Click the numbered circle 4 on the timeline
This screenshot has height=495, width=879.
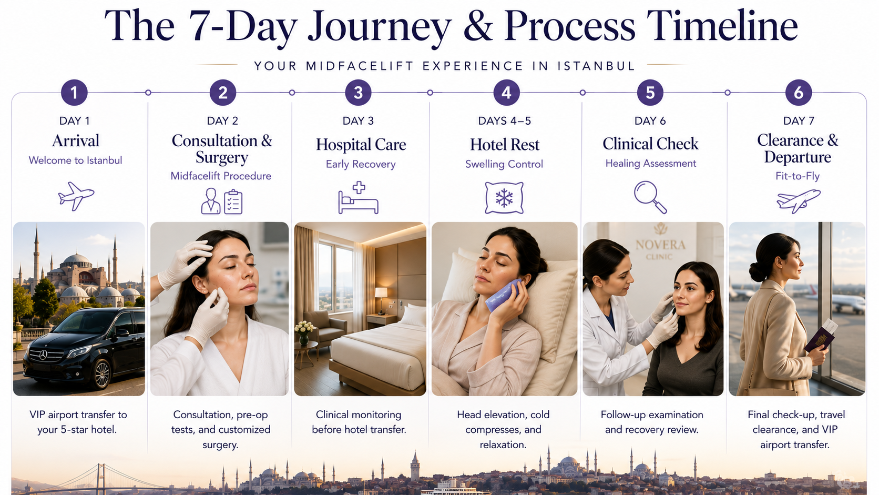(506, 93)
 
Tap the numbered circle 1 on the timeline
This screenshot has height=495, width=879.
(74, 93)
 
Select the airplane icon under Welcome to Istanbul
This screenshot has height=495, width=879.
(76, 196)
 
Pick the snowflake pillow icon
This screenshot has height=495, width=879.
(504, 198)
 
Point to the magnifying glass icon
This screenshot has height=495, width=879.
(650, 197)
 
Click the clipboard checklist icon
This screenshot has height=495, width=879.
(233, 202)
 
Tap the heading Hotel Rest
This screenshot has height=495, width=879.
(505, 145)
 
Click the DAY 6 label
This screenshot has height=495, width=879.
(650, 121)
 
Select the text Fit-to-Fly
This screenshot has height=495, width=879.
(798, 176)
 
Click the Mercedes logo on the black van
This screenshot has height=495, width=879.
(44, 355)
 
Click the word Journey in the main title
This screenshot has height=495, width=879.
(379, 26)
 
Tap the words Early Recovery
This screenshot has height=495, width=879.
(361, 164)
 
